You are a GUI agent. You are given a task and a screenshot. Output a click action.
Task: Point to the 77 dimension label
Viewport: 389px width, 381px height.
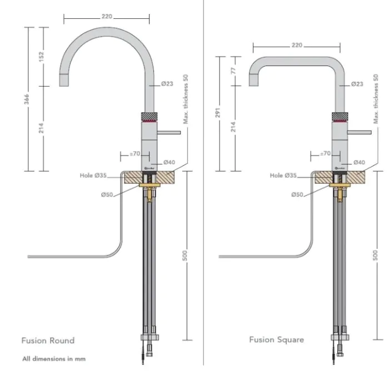(234, 71)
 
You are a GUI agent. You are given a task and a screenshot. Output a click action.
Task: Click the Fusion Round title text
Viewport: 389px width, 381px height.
(48, 340)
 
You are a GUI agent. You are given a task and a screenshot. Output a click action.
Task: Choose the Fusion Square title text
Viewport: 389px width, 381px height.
(276, 339)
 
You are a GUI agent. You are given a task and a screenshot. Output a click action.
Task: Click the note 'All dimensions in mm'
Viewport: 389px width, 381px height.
(54, 359)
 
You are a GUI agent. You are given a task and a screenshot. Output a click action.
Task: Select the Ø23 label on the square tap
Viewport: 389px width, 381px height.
(357, 84)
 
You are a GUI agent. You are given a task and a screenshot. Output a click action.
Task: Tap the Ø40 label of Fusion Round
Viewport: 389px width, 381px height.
(169, 162)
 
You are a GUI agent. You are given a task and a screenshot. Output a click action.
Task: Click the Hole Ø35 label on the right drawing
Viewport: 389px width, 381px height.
(283, 176)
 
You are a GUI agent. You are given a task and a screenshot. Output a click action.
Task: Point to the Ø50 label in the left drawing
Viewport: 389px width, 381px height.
(108, 194)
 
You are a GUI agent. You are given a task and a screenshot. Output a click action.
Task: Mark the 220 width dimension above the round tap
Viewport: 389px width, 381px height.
(107, 17)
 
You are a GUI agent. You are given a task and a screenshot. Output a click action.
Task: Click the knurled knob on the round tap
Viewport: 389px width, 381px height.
(149, 117)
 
